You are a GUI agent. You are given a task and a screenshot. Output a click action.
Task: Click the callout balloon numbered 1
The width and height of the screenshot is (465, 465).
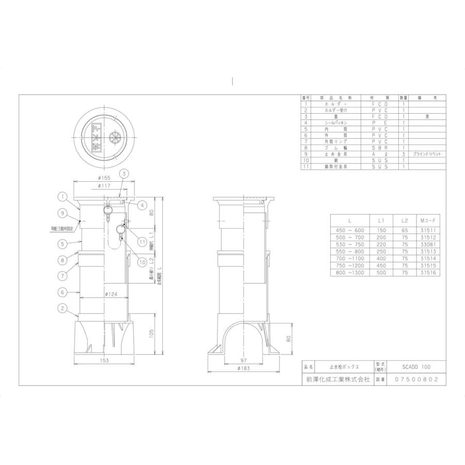coord(61,196)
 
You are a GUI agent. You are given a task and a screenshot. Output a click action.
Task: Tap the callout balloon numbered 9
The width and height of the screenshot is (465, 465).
coord(61,212)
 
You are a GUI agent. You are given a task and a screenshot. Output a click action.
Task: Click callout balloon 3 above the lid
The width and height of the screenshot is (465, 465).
coord(124,174)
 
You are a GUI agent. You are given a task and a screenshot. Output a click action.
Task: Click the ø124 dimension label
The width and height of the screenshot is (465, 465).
coord(110,295)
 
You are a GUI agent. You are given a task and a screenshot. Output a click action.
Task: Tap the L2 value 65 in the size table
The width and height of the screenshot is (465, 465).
coord(405,231)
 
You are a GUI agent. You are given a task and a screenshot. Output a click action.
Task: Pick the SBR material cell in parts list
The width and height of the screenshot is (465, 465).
coord(380,147)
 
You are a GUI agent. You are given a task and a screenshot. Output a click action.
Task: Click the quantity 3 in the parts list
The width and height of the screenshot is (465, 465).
coord(403,154)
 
